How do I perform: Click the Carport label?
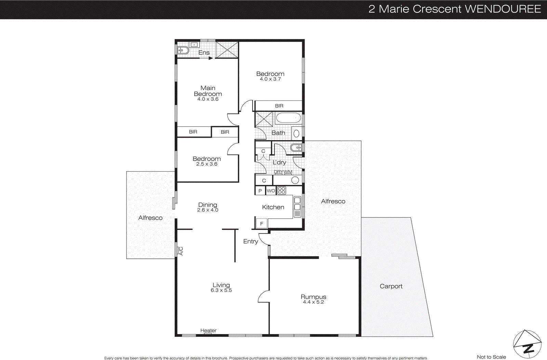coord(391,286)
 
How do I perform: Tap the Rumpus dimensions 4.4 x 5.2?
coord(313,302)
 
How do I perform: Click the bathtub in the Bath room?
coord(288,118)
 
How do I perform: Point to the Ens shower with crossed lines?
coord(227,50)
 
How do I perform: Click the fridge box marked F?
coord(262,224)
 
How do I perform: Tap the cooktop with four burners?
coord(281,190)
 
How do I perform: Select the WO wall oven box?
coord(271,191)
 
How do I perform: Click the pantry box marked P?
coord(260,191)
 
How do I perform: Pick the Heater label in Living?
coord(208,330)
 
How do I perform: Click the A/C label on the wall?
coord(181,251)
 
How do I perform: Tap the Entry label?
coord(250,241)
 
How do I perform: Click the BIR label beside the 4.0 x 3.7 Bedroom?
coord(279,106)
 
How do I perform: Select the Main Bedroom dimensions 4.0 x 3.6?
coord(208,99)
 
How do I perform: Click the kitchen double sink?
coord(297,203)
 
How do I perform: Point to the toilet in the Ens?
coord(183,50)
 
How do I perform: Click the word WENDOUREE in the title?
coord(503,9)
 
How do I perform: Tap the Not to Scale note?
coord(491,357)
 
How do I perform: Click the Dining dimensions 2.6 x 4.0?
coord(208,210)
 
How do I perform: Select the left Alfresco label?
coord(150,218)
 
